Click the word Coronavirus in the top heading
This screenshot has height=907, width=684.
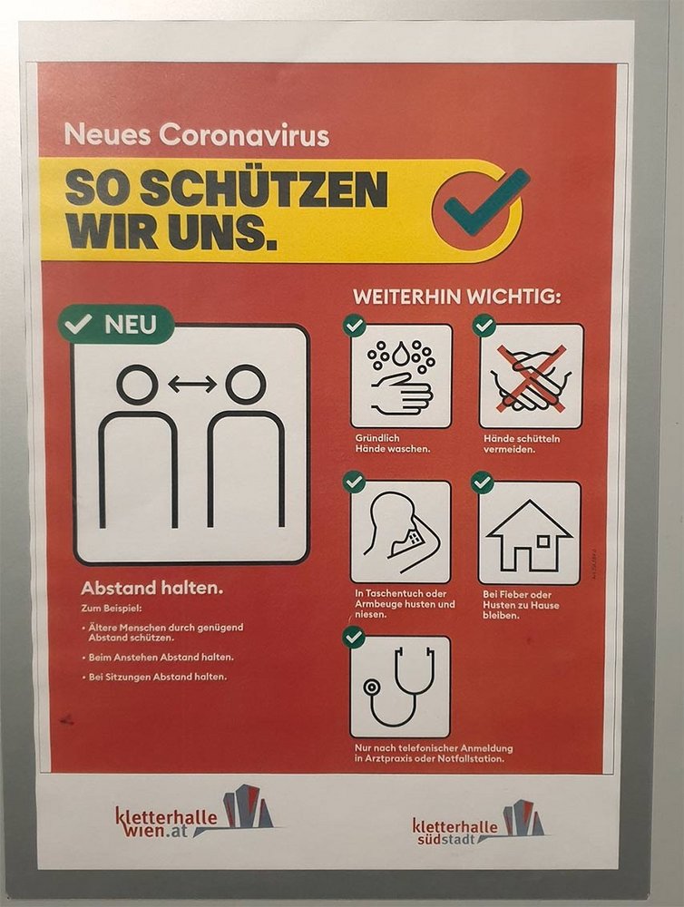point(244,135)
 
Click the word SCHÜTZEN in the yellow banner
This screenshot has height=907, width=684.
point(264,189)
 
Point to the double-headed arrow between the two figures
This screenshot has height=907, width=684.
point(191,384)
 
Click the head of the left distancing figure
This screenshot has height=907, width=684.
point(137,384)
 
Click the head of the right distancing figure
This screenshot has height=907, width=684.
point(245,384)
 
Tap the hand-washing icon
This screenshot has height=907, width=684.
point(401,376)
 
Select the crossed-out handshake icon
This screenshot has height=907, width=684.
point(532,376)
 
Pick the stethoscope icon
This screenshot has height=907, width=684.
point(400,688)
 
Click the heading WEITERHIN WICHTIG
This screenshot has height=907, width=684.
point(457,297)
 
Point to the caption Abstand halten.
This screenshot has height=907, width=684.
point(151,589)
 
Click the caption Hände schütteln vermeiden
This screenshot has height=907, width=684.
point(522,444)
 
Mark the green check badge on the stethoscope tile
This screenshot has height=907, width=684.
point(354,638)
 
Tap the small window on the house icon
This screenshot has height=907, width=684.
point(542,541)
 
